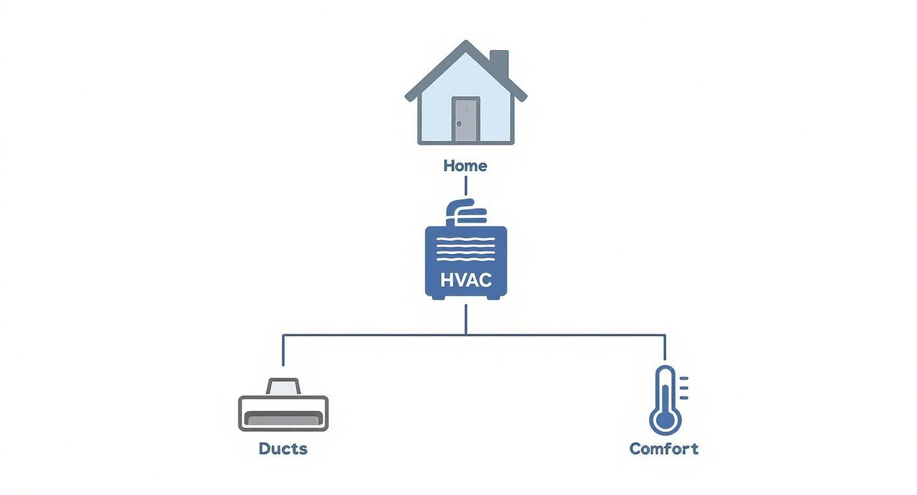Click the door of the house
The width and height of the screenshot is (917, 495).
pos(466,119)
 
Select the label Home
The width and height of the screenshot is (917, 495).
pos(465,166)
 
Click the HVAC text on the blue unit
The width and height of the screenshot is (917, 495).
pos(466,280)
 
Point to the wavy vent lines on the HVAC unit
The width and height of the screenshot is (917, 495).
pos(466,250)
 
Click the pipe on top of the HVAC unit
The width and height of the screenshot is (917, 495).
pos(464,212)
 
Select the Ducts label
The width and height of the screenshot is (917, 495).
pos(283,449)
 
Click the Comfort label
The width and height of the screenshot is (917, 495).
pos(663,449)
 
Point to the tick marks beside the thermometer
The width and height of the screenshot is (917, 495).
pos(684,388)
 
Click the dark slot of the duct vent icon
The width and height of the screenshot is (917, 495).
pos(283,418)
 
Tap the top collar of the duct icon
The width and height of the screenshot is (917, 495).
pos(283,386)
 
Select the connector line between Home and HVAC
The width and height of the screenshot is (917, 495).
pos(466,186)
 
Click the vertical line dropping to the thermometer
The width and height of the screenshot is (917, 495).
pos(665,348)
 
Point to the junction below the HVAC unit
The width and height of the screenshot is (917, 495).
pos(466,334)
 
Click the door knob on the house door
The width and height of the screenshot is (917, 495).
pos(459,123)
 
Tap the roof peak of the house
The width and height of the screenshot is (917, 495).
pos(466,45)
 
